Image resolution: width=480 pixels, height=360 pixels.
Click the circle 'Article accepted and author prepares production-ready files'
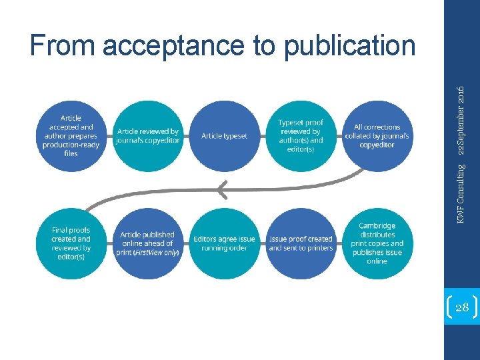[x=71, y=136]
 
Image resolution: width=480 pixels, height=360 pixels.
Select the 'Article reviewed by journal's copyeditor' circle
[x=147, y=136]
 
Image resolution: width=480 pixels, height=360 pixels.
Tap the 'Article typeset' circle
[x=224, y=136]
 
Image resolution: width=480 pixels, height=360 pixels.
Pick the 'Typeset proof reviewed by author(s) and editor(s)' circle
[x=301, y=136]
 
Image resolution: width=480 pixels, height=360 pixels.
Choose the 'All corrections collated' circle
[x=377, y=136]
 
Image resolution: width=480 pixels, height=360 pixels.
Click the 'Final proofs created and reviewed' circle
[x=71, y=243]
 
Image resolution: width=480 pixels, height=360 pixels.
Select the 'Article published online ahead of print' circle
[x=147, y=243]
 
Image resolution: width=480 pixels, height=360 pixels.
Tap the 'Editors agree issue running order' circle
[x=224, y=243]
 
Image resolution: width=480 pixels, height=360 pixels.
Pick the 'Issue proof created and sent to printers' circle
[x=301, y=243]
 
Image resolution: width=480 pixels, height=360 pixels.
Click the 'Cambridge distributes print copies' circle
[x=377, y=243]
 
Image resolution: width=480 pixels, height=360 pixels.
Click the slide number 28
[x=461, y=307]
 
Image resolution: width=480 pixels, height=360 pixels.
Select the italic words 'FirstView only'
[x=157, y=252]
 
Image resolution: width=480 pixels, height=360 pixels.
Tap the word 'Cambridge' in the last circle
[x=377, y=226]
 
